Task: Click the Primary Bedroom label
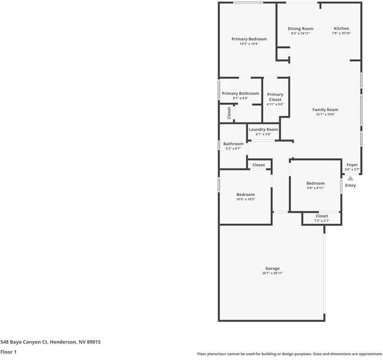point(249,39)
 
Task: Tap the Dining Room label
point(300,29)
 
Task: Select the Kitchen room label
point(341,29)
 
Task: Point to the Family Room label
point(325,110)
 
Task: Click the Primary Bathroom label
point(240,94)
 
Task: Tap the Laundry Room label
point(263,130)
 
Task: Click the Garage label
point(272,268)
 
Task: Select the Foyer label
point(352,164)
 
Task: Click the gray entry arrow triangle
point(351,178)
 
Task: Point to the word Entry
point(350,185)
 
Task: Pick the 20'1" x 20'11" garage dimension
point(272,274)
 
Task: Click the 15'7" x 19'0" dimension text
point(325,115)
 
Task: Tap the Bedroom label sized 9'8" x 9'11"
point(315,183)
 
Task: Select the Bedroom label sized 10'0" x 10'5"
point(245,194)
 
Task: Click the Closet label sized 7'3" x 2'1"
point(321,216)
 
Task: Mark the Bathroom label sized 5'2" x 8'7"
point(233,144)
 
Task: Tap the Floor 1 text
point(8,352)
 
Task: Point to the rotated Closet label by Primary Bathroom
point(229,113)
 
